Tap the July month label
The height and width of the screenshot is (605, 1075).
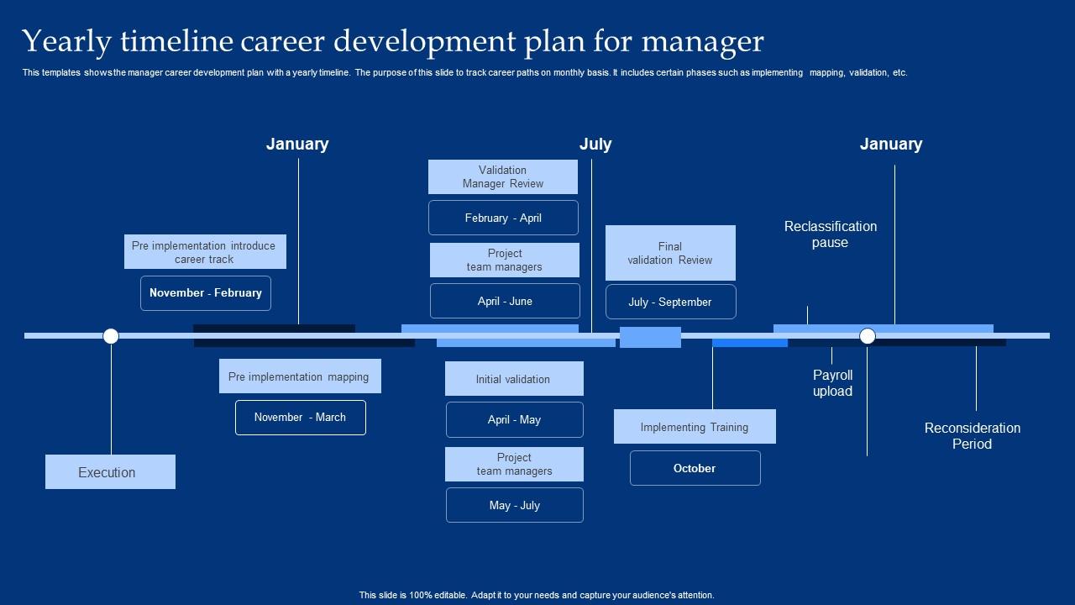coord(595,144)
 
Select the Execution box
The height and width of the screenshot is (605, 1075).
coord(110,472)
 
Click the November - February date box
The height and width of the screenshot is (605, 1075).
coord(206,293)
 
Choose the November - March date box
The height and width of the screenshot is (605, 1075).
coord(300,418)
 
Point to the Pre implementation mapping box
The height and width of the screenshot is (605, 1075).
coord(300,376)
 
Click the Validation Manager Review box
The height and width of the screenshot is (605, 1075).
coord(502,176)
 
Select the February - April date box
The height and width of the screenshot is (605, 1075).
coord(503,218)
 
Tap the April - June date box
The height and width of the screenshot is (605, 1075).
coord(505,301)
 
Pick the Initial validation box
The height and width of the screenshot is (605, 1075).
coord(513,379)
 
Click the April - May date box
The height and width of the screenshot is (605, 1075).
coord(514,420)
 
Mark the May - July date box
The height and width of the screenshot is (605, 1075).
coord(514,505)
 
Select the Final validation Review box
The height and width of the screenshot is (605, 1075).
coord(670,253)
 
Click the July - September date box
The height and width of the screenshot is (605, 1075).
coord(670,302)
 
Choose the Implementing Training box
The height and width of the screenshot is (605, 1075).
coord(695,427)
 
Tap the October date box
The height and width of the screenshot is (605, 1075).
coord(695,468)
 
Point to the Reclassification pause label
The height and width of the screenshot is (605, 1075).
coord(830,234)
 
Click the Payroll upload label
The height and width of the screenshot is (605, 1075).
coord(832,383)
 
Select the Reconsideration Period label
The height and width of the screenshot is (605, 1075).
coord(972,436)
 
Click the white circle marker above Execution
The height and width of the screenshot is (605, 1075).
coord(111,336)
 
